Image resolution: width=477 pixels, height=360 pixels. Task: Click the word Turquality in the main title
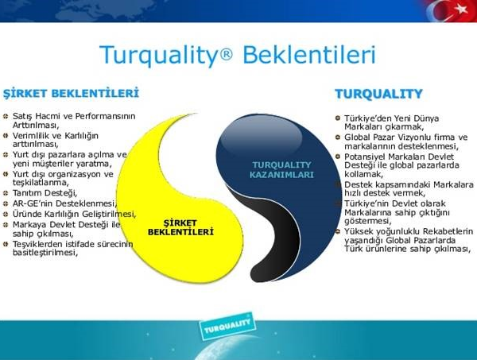[157, 56]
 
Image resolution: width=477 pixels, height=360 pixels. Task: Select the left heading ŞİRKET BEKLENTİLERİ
[71, 93]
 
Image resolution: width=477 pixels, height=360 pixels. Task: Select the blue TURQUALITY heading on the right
[378, 95]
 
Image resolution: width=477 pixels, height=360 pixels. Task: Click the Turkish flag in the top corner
[452, 11]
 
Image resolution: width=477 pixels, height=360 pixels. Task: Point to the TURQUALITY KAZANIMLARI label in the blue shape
[282, 169]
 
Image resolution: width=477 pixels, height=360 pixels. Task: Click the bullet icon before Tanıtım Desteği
[6, 193]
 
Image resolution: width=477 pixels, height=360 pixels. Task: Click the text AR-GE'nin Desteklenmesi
[64, 203]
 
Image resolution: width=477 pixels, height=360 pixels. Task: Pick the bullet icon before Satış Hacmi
[6, 116]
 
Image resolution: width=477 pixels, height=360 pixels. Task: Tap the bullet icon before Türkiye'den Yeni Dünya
[338, 118]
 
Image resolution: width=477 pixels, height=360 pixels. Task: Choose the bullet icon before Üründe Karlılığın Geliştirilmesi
[6, 213]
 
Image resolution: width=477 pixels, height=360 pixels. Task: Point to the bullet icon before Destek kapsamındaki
[338, 184]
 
